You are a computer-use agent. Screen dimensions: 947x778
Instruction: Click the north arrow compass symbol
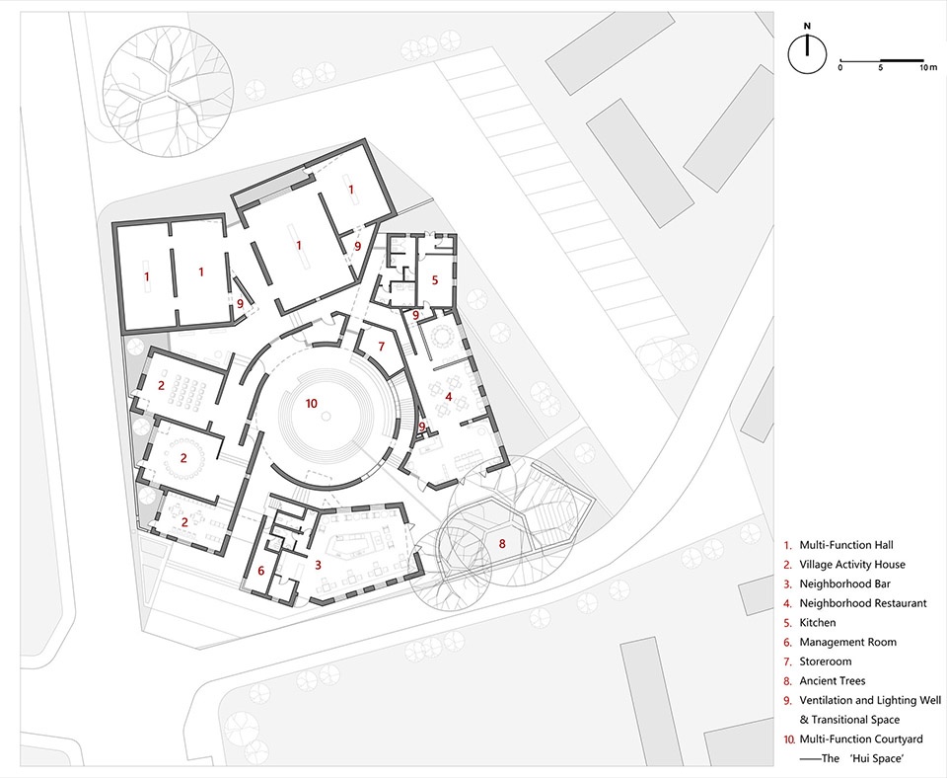click(807, 53)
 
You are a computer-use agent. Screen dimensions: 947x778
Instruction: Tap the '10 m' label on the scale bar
click(929, 67)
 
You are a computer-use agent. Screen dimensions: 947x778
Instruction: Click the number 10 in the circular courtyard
click(312, 403)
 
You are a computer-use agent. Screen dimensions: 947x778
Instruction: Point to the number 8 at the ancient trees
click(502, 543)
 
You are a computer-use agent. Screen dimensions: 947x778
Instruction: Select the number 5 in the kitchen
click(434, 279)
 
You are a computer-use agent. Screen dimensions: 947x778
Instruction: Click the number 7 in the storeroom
click(381, 347)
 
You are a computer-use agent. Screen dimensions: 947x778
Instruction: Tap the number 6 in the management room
click(260, 571)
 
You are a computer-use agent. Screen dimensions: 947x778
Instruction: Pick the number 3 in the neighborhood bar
click(318, 565)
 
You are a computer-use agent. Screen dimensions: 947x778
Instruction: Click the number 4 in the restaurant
click(448, 397)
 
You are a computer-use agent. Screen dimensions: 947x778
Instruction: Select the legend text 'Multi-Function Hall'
click(846, 545)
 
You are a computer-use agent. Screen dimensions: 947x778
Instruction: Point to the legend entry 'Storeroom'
click(825, 661)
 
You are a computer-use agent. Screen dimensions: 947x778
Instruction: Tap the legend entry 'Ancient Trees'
click(833, 680)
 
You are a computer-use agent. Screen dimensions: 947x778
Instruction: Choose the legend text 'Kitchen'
click(818, 623)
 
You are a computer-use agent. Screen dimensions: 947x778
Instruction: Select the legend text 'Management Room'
click(848, 642)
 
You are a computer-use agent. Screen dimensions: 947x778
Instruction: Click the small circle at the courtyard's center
click(327, 416)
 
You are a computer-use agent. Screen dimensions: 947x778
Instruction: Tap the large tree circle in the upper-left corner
click(168, 91)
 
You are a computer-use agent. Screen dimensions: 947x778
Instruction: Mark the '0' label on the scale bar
click(840, 67)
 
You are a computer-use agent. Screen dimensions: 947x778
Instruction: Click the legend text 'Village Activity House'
click(852, 565)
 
